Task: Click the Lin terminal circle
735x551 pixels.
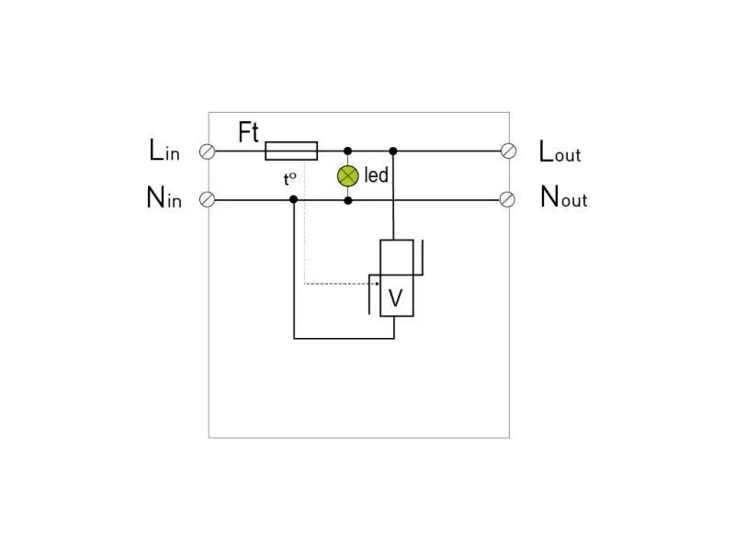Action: click(208, 151)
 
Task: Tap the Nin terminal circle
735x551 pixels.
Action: click(208, 199)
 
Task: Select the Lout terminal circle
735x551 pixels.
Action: click(508, 151)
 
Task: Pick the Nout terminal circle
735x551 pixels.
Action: click(508, 199)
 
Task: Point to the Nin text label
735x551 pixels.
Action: click(164, 197)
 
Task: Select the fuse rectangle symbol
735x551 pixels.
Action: click(291, 151)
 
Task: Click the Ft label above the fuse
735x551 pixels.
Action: click(248, 132)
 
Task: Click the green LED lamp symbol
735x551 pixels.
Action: click(347, 175)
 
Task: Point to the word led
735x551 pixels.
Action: click(377, 174)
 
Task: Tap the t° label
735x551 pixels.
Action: click(289, 179)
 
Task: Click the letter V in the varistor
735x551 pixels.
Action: click(396, 298)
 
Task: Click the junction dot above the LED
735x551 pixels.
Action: click(347, 151)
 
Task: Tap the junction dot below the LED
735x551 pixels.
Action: click(347, 199)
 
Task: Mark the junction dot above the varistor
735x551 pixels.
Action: click(393, 151)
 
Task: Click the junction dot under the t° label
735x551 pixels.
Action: click(293, 199)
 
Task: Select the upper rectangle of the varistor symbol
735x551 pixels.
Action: click(397, 257)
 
